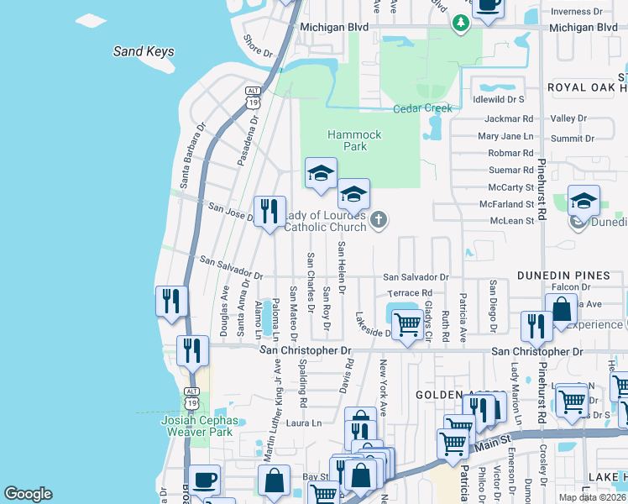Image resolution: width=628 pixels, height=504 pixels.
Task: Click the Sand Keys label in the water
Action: (x=144, y=51)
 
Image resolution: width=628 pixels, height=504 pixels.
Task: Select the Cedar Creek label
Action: (x=423, y=108)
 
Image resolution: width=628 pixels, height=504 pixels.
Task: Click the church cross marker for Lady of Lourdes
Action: (x=379, y=221)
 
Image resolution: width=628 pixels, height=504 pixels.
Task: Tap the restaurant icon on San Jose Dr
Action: (x=270, y=211)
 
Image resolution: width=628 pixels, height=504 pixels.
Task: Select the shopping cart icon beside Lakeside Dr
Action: (x=407, y=323)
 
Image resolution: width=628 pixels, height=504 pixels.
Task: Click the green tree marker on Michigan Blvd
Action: (x=460, y=24)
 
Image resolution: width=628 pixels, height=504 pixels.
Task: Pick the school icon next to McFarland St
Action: (x=584, y=202)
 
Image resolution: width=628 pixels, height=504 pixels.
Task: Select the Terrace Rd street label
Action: (x=409, y=293)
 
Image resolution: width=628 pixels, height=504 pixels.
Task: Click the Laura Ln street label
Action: (x=306, y=423)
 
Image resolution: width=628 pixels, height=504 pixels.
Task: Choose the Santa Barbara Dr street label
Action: (x=190, y=157)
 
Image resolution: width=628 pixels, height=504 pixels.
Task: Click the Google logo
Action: (x=28, y=494)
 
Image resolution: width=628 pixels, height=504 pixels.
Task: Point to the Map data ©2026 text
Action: (x=593, y=497)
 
